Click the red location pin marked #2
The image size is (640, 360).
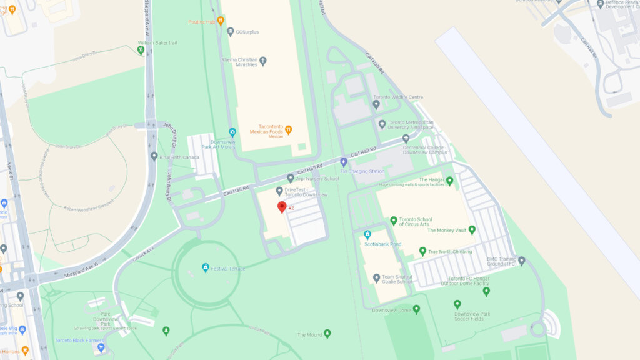[x=282, y=207]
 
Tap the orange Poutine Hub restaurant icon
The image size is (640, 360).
[x=221, y=21]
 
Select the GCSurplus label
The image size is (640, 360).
[x=247, y=32]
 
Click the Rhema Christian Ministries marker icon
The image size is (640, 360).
[x=263, y=61]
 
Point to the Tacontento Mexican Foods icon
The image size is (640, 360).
[x=288, y=130]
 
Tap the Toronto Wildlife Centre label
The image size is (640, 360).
[x=398, y=97]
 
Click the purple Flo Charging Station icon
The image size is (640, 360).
[x=343, y=162]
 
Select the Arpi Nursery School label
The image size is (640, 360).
[x=317, y=179]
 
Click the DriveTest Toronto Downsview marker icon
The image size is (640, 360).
[x=279, y=191]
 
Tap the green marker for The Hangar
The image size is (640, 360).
[x=449, y=181]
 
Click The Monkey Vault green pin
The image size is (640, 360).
[x=472, y=230]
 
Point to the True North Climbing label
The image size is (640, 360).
[x=451, y=252]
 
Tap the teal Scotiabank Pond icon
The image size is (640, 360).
[x=367, y=235]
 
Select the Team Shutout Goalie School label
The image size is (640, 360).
[x=397, y=279]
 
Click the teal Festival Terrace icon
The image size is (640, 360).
[x=205, y=268]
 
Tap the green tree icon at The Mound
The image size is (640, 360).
[x=327, y=334]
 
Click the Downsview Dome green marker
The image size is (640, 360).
[x=416, y=309]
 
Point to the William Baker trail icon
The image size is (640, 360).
[x=141, y=49]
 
